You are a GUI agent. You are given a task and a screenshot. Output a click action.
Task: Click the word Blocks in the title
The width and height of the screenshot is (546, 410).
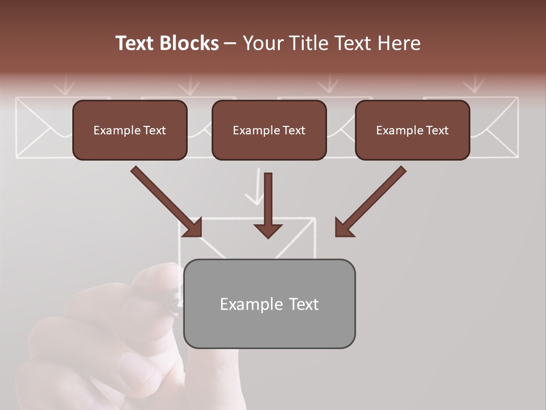191,43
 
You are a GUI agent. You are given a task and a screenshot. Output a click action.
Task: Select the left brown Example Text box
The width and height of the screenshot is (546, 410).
130,130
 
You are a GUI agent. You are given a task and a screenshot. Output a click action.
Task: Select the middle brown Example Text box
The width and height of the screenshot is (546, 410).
269,130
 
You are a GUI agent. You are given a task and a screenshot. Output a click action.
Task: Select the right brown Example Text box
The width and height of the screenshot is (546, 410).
412,130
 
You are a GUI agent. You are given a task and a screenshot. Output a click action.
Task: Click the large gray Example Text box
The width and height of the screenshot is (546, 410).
269,304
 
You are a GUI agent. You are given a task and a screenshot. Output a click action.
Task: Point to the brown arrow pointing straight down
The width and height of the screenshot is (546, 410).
268,205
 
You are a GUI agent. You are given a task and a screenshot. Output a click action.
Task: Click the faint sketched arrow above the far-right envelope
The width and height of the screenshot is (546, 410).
473,84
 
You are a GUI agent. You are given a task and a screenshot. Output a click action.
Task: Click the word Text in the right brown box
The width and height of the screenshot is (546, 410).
437,130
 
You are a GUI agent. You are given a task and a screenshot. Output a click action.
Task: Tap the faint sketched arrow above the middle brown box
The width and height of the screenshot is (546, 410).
328,84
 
